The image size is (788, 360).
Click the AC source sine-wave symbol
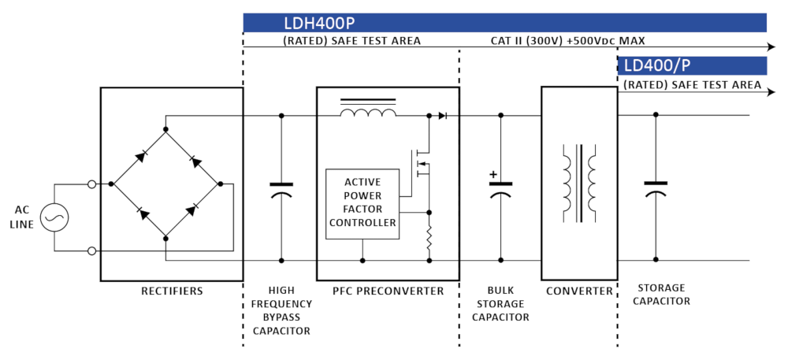pyautogui.click(x=54, y=217)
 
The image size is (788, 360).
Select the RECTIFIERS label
pyautogui.click(x=171, y=291)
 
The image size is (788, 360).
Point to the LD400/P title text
pyautogui.click(x=657, y=66)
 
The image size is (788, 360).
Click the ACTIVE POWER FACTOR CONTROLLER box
pyautogui.click(x=362, y=202)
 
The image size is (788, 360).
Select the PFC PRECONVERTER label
pyautogui.click(x=387, y=291)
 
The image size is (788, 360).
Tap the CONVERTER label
pyautogui.click(x=578, y=291)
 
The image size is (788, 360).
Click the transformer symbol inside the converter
pyautogui.click(x=578, y=183)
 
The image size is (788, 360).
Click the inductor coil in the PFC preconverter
pyautogui.click(x=369, y=115)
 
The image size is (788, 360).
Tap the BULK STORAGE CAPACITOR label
pyautogui.click(x=500, y=304)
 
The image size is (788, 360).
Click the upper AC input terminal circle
pyautogui.click(x=92, y=184)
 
